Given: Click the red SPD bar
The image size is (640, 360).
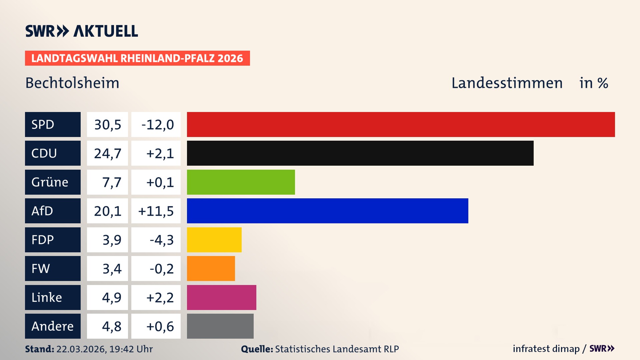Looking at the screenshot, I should click(401, 124).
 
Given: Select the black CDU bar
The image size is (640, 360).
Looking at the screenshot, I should click(360, 153).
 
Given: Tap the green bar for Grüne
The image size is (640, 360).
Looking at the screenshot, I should click(241, 182).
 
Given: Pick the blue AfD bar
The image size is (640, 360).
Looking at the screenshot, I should click(327, 211).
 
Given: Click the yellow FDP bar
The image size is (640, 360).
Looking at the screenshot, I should click(214, 240).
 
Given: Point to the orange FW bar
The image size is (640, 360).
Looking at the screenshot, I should click(211, 268).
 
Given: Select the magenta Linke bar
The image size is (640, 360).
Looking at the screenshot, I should click(221, 297).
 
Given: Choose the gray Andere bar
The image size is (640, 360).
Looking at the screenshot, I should click(220, 326).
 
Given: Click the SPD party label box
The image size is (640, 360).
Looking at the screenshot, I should click(53, 124).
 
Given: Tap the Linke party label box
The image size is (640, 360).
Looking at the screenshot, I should click(53, 297).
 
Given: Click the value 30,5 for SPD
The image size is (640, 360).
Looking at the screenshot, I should click(107, 124).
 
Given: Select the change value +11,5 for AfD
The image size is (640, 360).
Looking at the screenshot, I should click(156, 211).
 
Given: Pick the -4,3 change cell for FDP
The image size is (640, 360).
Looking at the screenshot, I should click(156, 240).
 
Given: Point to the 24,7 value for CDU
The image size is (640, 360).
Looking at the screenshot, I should click(107, 153).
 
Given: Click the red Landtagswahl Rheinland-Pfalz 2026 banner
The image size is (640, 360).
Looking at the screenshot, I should click(137, 58).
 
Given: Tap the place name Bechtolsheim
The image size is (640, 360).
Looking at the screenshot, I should click(72, 83).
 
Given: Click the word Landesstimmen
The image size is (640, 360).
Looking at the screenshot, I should click(507, 83).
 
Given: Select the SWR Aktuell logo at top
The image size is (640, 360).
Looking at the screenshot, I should click(81, 31).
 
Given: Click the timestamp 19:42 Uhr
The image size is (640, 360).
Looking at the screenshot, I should click(131, 349).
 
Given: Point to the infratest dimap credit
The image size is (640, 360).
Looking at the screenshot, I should click(546, 349).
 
